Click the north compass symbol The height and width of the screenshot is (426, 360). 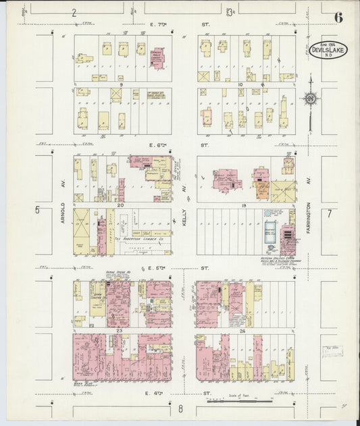[310, 99]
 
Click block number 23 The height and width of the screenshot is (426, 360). [119, 330]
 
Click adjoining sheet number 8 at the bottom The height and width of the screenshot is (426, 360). [180, 408]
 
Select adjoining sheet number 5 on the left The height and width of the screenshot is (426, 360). [38, 210]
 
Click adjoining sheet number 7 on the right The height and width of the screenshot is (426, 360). [330, 214]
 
